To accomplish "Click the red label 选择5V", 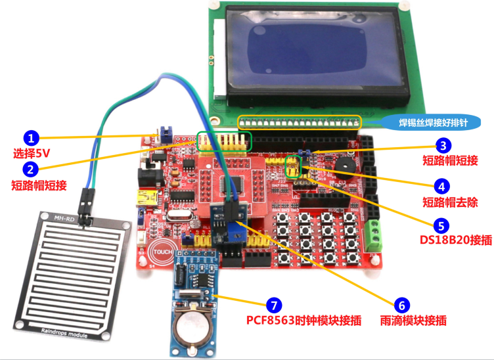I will (32, 154).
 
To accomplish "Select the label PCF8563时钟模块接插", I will (303, 321).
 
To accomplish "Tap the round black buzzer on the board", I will (342, 163).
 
